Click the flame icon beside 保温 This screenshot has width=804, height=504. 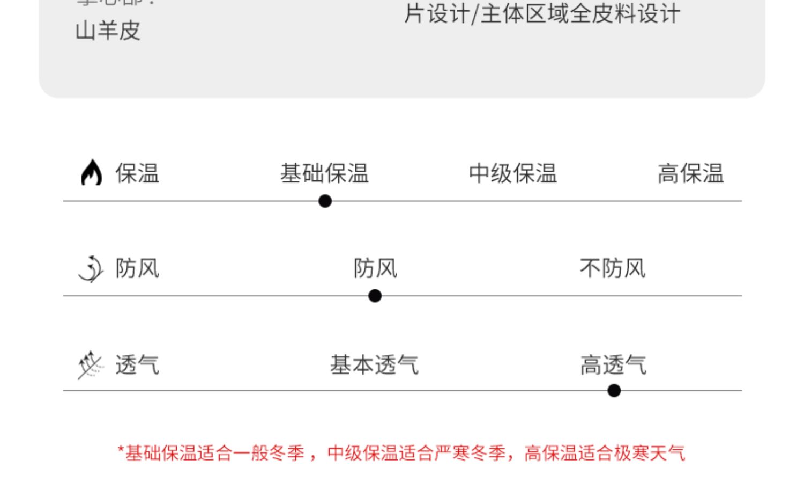(x=91, y=172)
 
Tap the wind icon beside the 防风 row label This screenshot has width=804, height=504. (x=91, y=268)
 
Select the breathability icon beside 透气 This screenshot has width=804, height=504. (x=90, y=365)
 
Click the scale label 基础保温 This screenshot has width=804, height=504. (x=324, y=173)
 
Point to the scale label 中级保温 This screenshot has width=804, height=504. (x=512, y=173)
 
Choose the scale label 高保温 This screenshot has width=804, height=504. (x=690, y=173)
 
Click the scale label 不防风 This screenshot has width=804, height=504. (x=613, y=268)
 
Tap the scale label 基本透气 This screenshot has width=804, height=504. (x=374, y=365)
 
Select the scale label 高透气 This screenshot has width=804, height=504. (x=613, y=365)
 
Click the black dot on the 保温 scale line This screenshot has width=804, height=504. (x=325, y=201)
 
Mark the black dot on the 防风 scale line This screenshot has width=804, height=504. (x=375, y=296)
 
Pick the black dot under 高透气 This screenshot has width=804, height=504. (x=614, y=391)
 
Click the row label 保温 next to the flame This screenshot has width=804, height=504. (x=137, y=173)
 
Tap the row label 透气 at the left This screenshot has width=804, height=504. (x=137, y=365)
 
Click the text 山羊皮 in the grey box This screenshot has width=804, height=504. (x=108, y=31)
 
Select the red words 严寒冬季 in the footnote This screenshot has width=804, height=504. (x=470, y=453)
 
